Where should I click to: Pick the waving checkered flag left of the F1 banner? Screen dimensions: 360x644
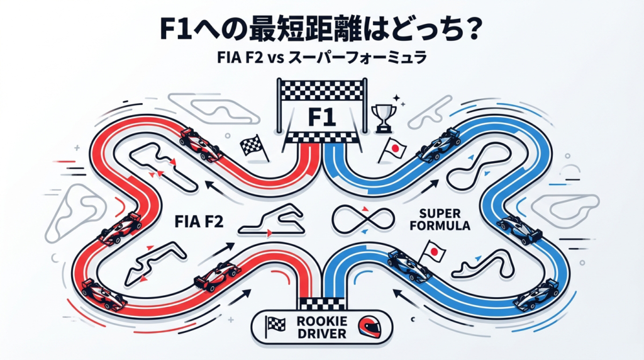252,147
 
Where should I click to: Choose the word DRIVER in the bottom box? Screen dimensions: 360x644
319,333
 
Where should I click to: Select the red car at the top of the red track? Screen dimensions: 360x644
200,144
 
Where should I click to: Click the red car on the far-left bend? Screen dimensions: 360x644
119,227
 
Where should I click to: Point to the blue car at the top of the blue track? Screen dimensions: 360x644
440,143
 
